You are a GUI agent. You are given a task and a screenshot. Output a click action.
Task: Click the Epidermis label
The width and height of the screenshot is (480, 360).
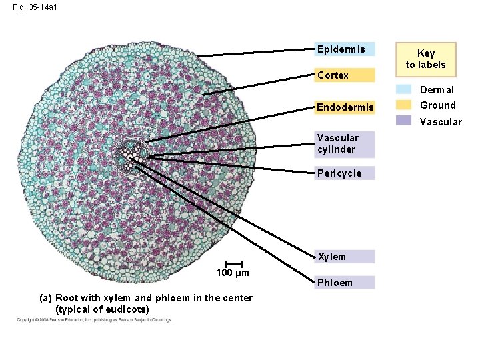344,49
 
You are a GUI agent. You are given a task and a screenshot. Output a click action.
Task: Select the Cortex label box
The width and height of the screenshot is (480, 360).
344,75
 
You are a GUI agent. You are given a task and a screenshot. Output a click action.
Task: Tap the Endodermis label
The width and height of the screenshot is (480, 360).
344,107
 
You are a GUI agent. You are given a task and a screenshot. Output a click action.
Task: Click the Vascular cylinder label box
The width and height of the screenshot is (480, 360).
344,144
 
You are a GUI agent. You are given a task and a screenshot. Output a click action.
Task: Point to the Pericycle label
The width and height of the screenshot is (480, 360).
344,173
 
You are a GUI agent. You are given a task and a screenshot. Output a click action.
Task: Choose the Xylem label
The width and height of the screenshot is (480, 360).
344,257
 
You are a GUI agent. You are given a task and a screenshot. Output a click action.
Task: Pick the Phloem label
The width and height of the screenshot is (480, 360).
344,282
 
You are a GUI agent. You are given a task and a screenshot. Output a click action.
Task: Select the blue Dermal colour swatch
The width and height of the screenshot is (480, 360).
404,89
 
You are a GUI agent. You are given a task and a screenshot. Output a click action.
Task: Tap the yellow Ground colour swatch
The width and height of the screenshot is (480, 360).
404,105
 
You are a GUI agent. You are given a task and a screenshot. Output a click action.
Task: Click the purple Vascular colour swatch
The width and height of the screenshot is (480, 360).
404,121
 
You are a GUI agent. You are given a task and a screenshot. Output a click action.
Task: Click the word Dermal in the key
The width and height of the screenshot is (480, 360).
437,90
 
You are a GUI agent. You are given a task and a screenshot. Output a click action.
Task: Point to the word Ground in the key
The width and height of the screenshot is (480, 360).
438,105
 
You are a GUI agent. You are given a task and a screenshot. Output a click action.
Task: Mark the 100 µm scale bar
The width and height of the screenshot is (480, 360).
234,264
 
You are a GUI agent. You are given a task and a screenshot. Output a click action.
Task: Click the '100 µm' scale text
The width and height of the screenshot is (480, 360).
233,273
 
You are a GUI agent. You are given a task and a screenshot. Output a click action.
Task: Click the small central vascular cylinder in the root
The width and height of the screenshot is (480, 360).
129,154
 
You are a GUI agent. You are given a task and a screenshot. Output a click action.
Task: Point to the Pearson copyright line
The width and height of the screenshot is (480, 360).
94,321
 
